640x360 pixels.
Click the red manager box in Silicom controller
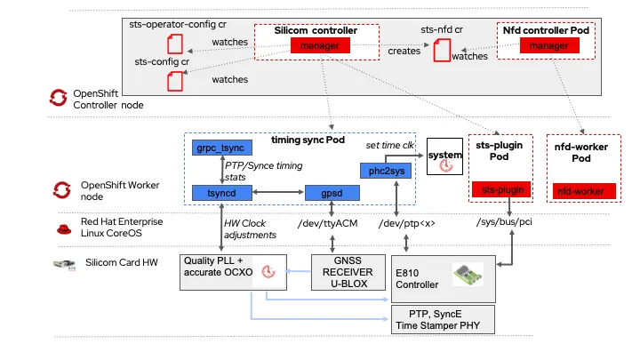click(x=320, y=45)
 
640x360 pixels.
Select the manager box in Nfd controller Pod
click(x=549, y=45)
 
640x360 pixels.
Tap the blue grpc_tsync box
click(x=221, y=148)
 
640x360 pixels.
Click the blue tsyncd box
click(x=221, y=193)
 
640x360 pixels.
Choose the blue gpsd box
click(x=332, y=193)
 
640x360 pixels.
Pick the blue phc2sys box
click(x=386, y=171)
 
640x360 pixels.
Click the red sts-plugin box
click(x=501, y=189)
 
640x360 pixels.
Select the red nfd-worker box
click(x=584, y=191)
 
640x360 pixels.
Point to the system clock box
click(x=445, y=156)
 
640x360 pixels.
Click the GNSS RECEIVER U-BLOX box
click(x=348, y=272)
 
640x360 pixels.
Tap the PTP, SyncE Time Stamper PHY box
click(x=443, y=320)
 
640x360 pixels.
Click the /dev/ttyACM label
click(x=327, y=224)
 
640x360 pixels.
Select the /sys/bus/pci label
click(x=504, y=222)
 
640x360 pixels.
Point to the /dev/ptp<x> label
click(x=406, y=224)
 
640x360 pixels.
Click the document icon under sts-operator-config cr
click(x=175, y=44)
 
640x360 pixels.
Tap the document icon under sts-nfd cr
click(x=442, y=50)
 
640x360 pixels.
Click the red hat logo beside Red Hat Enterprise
click(x=64, y=229)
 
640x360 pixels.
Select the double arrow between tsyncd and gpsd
click(x=278, y=192)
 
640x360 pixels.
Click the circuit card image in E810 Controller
click(x=468, y=275)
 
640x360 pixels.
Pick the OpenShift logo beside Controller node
click(x=59, y=98)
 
